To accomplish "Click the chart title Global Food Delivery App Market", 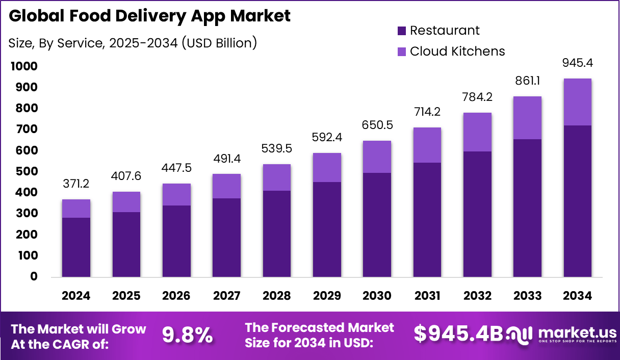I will (x=150, y=16).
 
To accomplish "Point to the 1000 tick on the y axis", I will (x=23, y=66).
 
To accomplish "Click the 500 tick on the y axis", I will (x=26, y=171).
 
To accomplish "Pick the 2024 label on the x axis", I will (x=76, y=296).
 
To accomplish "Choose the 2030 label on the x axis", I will (x=377, y=296).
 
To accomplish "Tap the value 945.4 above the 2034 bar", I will (x=577, y=63).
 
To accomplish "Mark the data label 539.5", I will (x=277, y=149).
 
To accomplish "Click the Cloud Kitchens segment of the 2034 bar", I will (x=577, y=102).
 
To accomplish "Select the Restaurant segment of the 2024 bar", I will (x=76, y=247).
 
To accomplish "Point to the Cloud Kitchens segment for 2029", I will (x=327, y=167).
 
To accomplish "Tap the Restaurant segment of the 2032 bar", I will (x=477, y=214).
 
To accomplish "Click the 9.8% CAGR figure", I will (x=187, y=335).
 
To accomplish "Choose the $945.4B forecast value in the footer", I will (x=458, y=333).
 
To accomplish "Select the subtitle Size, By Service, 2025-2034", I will (x=133, y=43).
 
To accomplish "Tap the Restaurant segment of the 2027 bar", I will (x=226, y=238).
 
